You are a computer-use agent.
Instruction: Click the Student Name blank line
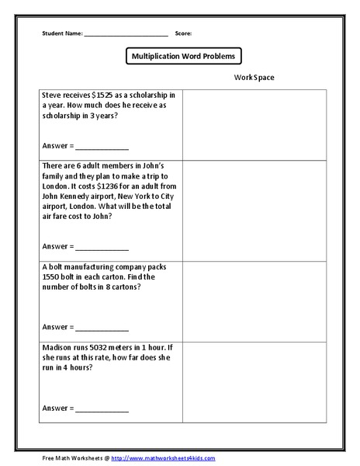[x=126, y=35]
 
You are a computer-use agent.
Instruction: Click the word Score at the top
[x=183, y=33]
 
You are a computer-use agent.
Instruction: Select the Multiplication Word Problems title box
[x=184, y=56]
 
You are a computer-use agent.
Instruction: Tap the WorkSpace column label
[x=254, y=78]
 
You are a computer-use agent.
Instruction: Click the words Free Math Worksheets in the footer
[x=69, y=458]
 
